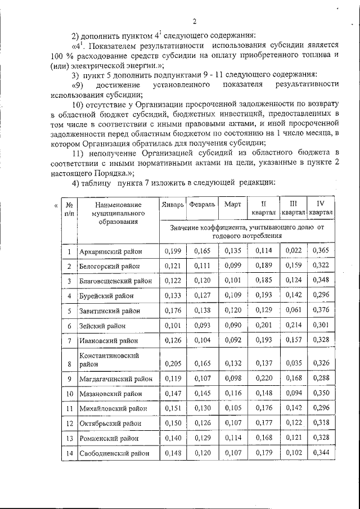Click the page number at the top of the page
193,22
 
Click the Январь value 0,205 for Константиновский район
172,364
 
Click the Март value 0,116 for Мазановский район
232,394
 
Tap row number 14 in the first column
69,453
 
